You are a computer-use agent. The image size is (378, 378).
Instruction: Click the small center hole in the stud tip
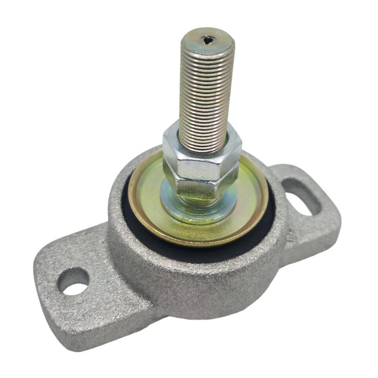pos(207,39)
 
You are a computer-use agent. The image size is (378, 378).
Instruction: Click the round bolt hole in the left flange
pos(73,281)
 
